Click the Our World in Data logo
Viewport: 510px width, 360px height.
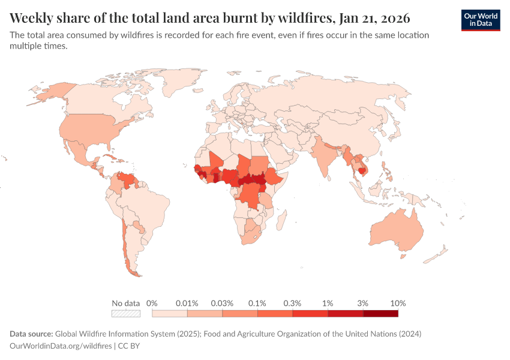tap(480, 20)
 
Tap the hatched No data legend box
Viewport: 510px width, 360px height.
tap(126, 313)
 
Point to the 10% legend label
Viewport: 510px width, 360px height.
tap(398, 303)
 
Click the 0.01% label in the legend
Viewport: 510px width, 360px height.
tap(187, 303)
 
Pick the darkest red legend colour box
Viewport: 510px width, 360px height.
tap(380, 313)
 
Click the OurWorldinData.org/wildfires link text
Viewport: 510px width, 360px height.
tap(61, 346)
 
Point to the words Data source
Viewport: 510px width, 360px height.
tap(31, 334)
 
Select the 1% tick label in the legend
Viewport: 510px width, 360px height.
tap(328, 303)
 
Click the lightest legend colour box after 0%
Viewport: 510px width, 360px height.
tap(170, 313)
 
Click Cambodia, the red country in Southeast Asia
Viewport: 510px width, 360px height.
tap(362, 170)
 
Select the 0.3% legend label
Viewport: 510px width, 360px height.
tap(292, 303)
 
